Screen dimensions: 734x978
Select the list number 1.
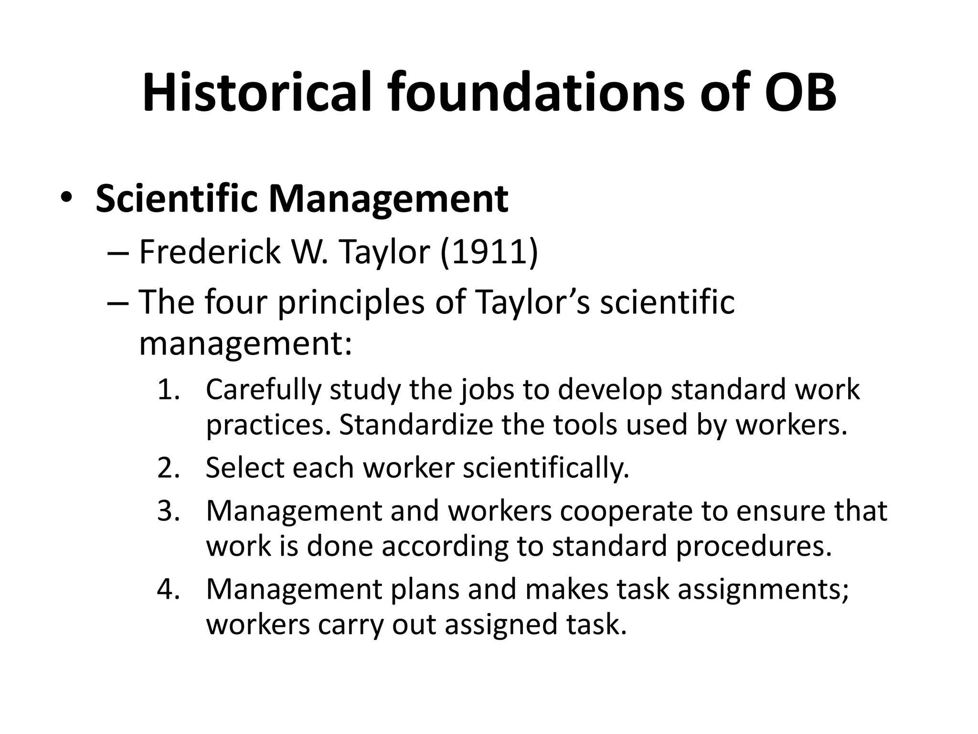pos(168,390)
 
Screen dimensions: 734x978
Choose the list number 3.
pos(168,511)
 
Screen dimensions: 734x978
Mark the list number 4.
pos(168,589)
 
